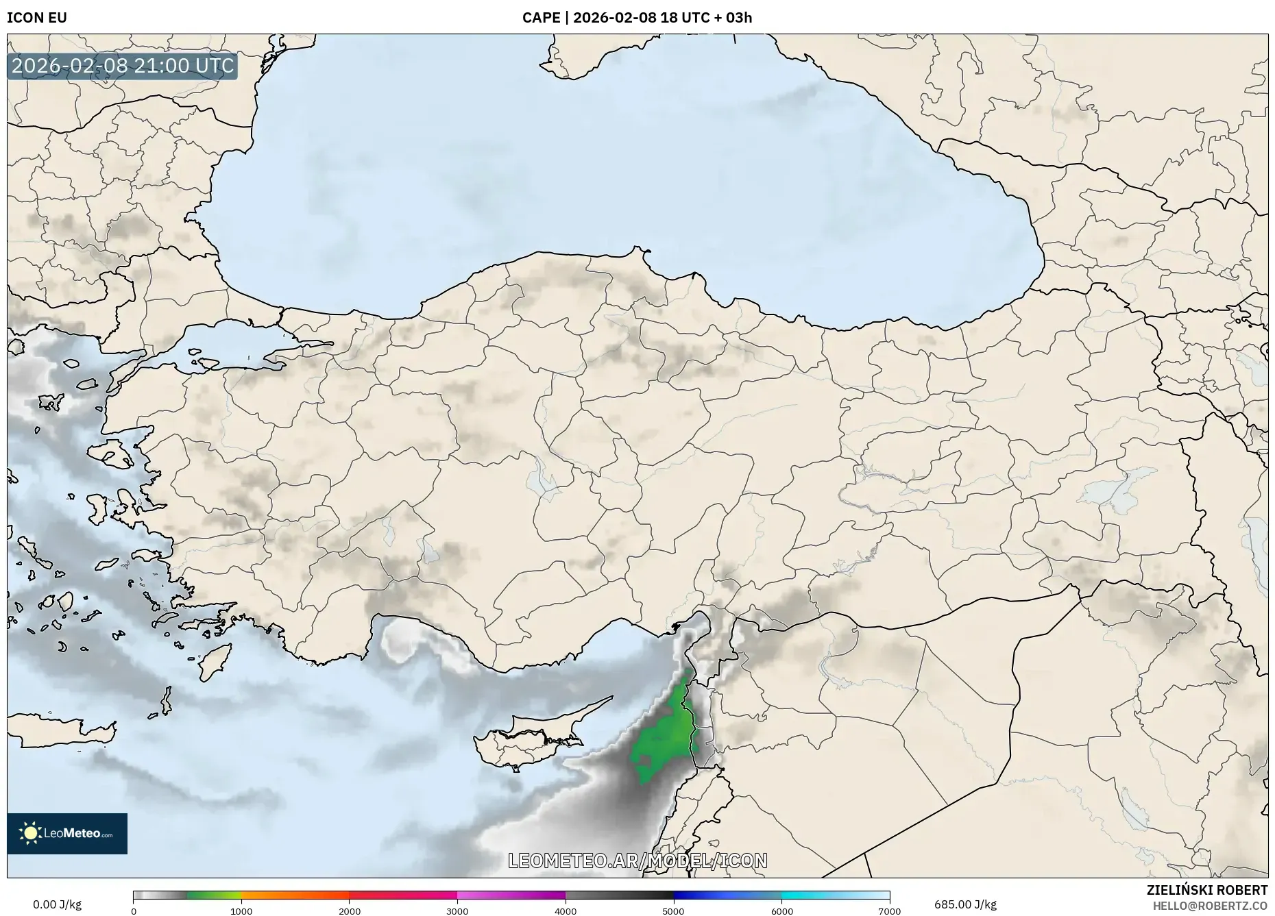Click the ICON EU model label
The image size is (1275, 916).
coord(37,18)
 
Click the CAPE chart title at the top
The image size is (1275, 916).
coord(637,18)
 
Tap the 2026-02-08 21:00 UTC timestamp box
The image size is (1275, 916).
coord(123,66)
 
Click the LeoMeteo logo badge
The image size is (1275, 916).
coord(67,833)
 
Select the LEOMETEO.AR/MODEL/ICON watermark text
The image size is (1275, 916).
coord(637,861)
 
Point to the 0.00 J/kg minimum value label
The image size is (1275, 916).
coord(57,904)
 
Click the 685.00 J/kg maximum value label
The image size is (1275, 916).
coord(965,904)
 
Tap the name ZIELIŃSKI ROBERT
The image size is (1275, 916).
coord(1207,890)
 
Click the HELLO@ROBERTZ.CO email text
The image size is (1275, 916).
coord(1210,906)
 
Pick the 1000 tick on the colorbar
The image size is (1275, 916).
coord(241,911)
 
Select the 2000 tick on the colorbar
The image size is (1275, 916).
coord(350,911)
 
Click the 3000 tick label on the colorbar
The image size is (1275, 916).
coord(457,911)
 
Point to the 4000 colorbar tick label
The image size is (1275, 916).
coord(566,911)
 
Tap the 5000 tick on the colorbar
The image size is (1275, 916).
coord(673,911)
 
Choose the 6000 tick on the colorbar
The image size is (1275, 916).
coord(781,911)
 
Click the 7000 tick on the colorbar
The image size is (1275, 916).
coord(889,911)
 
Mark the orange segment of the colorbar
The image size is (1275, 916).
coord(295,895)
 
